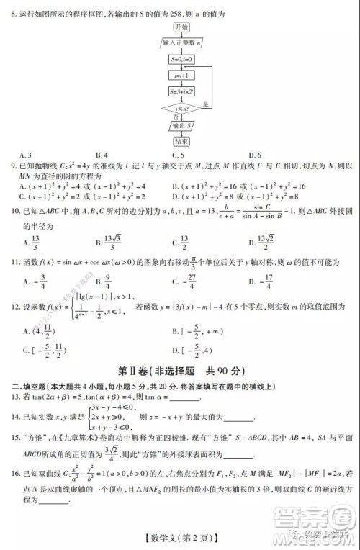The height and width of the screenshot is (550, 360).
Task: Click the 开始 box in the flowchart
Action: point(181,27)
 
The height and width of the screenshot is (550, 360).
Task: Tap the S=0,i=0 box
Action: point(180,59)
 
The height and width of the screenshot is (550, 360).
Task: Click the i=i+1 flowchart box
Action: point(180,76)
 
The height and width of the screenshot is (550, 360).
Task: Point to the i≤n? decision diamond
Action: point(180,109)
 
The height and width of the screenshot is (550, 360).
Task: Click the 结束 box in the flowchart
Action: point(181,142)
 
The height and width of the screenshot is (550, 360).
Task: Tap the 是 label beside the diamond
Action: point(207,104)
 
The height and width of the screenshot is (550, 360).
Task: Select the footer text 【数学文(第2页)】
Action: point(179,533)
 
